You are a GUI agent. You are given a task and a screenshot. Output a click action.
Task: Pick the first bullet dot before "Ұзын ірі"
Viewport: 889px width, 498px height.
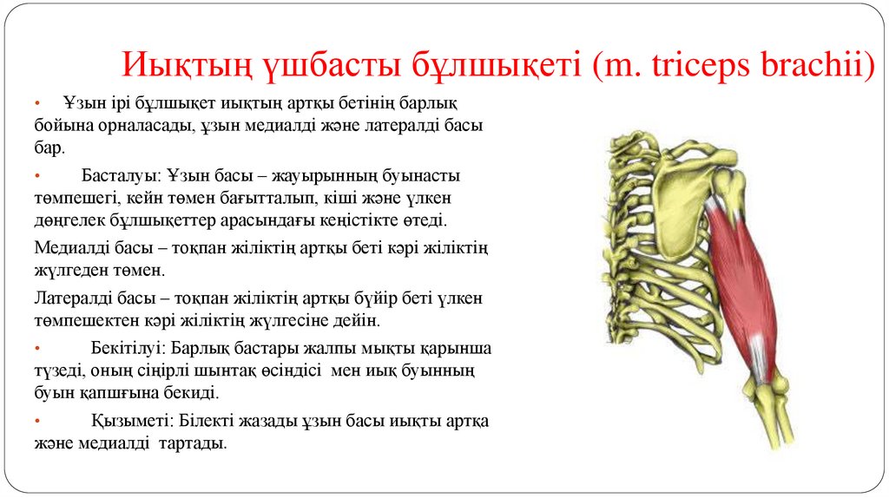click(38, 104)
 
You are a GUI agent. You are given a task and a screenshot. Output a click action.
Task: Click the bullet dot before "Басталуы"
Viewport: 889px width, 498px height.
click(38, 177)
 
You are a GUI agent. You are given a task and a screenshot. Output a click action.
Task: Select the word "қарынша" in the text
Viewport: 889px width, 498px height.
click(460, 349)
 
